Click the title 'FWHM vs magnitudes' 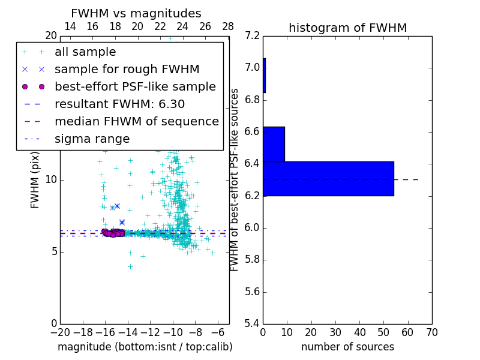point(136,14)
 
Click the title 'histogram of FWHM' point(347,28)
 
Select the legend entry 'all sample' point(85,52)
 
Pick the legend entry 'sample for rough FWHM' point(127,70)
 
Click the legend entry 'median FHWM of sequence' point(136,122)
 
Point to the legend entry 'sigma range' point(92,139)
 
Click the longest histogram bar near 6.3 point(328,179)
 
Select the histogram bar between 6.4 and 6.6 point(274,144)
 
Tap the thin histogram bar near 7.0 point(264,75)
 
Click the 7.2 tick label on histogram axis point(253,35)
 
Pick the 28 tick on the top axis point(228,26)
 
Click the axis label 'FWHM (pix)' point(35,180)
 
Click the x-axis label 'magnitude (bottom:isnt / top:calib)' point(145,347)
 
